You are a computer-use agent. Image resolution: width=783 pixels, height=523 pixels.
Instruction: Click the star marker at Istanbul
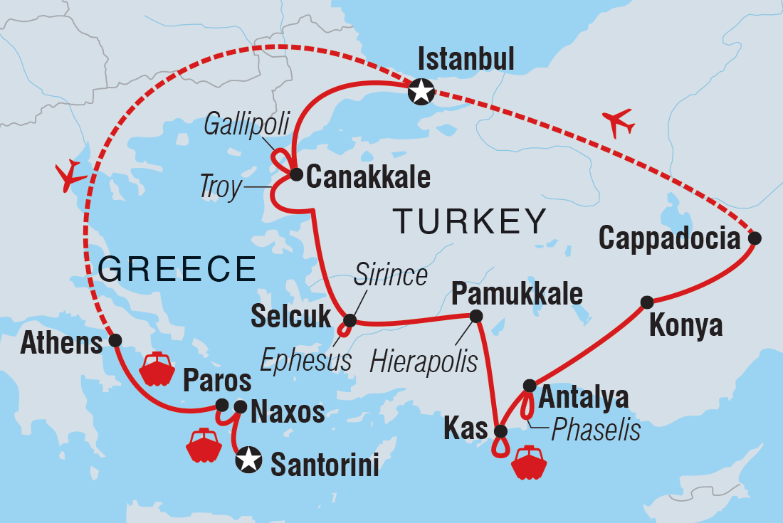click(x=421, y=90)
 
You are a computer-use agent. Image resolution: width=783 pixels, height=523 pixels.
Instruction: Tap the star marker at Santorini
click(x=248, y=459)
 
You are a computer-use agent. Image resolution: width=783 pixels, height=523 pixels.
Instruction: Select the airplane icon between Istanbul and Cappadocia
click(x=617, y=122)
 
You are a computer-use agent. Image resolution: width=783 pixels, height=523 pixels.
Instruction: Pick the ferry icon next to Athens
click(x=157, y=369)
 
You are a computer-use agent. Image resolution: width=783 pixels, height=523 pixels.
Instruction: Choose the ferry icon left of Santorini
click(x=203, y=445)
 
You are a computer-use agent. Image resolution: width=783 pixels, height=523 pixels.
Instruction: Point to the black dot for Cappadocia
click(x=755, y=238)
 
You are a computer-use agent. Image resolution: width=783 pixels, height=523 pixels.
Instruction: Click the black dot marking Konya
click(x=646, y=302)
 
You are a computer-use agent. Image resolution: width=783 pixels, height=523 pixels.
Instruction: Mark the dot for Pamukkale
click(x=475, y=316)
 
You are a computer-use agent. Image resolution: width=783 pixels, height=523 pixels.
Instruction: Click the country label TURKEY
click(x=470, y=221)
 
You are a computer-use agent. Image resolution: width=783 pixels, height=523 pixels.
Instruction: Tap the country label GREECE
click(x=177, y=269)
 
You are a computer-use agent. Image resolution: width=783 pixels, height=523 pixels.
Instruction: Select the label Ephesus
click(x=305, y=360)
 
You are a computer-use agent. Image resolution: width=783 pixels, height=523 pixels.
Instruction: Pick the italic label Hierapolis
click(x=424, y=361)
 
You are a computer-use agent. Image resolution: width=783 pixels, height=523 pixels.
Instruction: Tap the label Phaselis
click(x=594, y=429)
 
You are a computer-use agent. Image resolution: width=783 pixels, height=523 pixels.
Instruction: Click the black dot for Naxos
click(x=241, y=407)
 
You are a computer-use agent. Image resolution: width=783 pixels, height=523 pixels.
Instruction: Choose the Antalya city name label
click(x=585, y=397)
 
